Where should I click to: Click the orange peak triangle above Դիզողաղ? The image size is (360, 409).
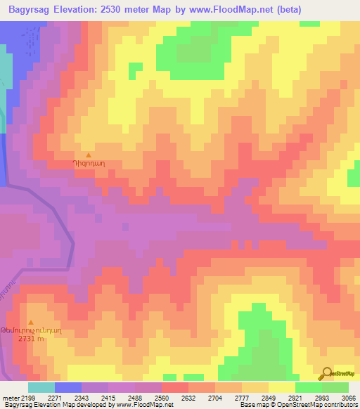89,155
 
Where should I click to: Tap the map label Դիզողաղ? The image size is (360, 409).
89,164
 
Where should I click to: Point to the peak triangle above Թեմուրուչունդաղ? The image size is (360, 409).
30,323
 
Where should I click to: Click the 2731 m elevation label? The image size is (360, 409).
30,338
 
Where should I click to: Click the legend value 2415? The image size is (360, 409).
111,397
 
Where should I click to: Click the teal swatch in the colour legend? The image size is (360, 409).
41,387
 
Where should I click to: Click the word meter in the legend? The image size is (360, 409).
12,397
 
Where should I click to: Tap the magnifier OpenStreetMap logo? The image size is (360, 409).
327,373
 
